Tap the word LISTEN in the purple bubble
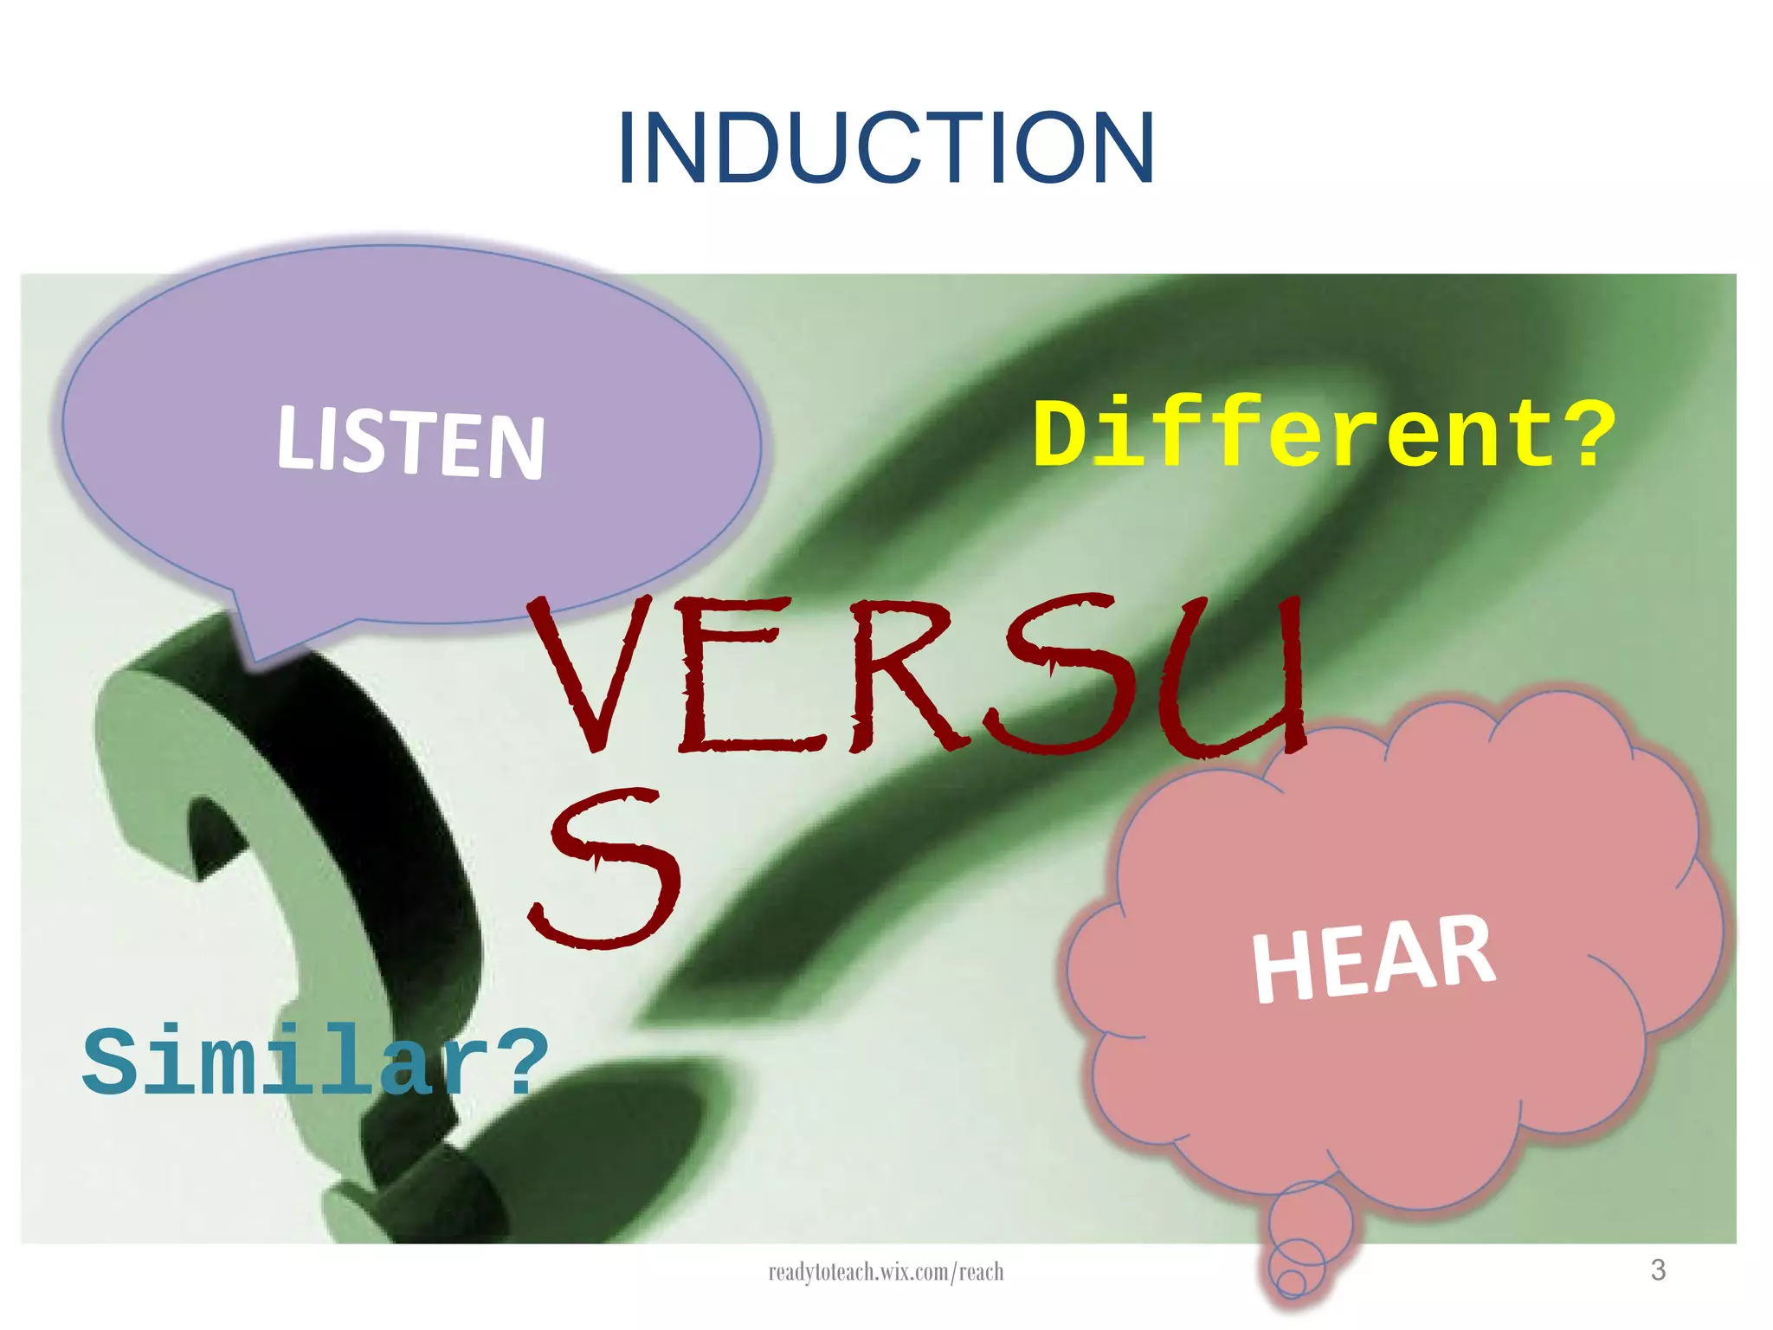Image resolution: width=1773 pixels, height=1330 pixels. tap(411, 443)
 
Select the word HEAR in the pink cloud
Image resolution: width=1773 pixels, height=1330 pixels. tap(1374, 959)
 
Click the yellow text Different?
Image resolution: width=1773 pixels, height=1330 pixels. tap(1324, 432)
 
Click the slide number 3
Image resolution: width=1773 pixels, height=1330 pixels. tap(1658, 1270)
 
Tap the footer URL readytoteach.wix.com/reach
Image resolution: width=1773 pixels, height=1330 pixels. tap(886, 1272)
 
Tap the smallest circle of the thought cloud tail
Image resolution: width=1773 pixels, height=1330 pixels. tap(1291, 1283)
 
